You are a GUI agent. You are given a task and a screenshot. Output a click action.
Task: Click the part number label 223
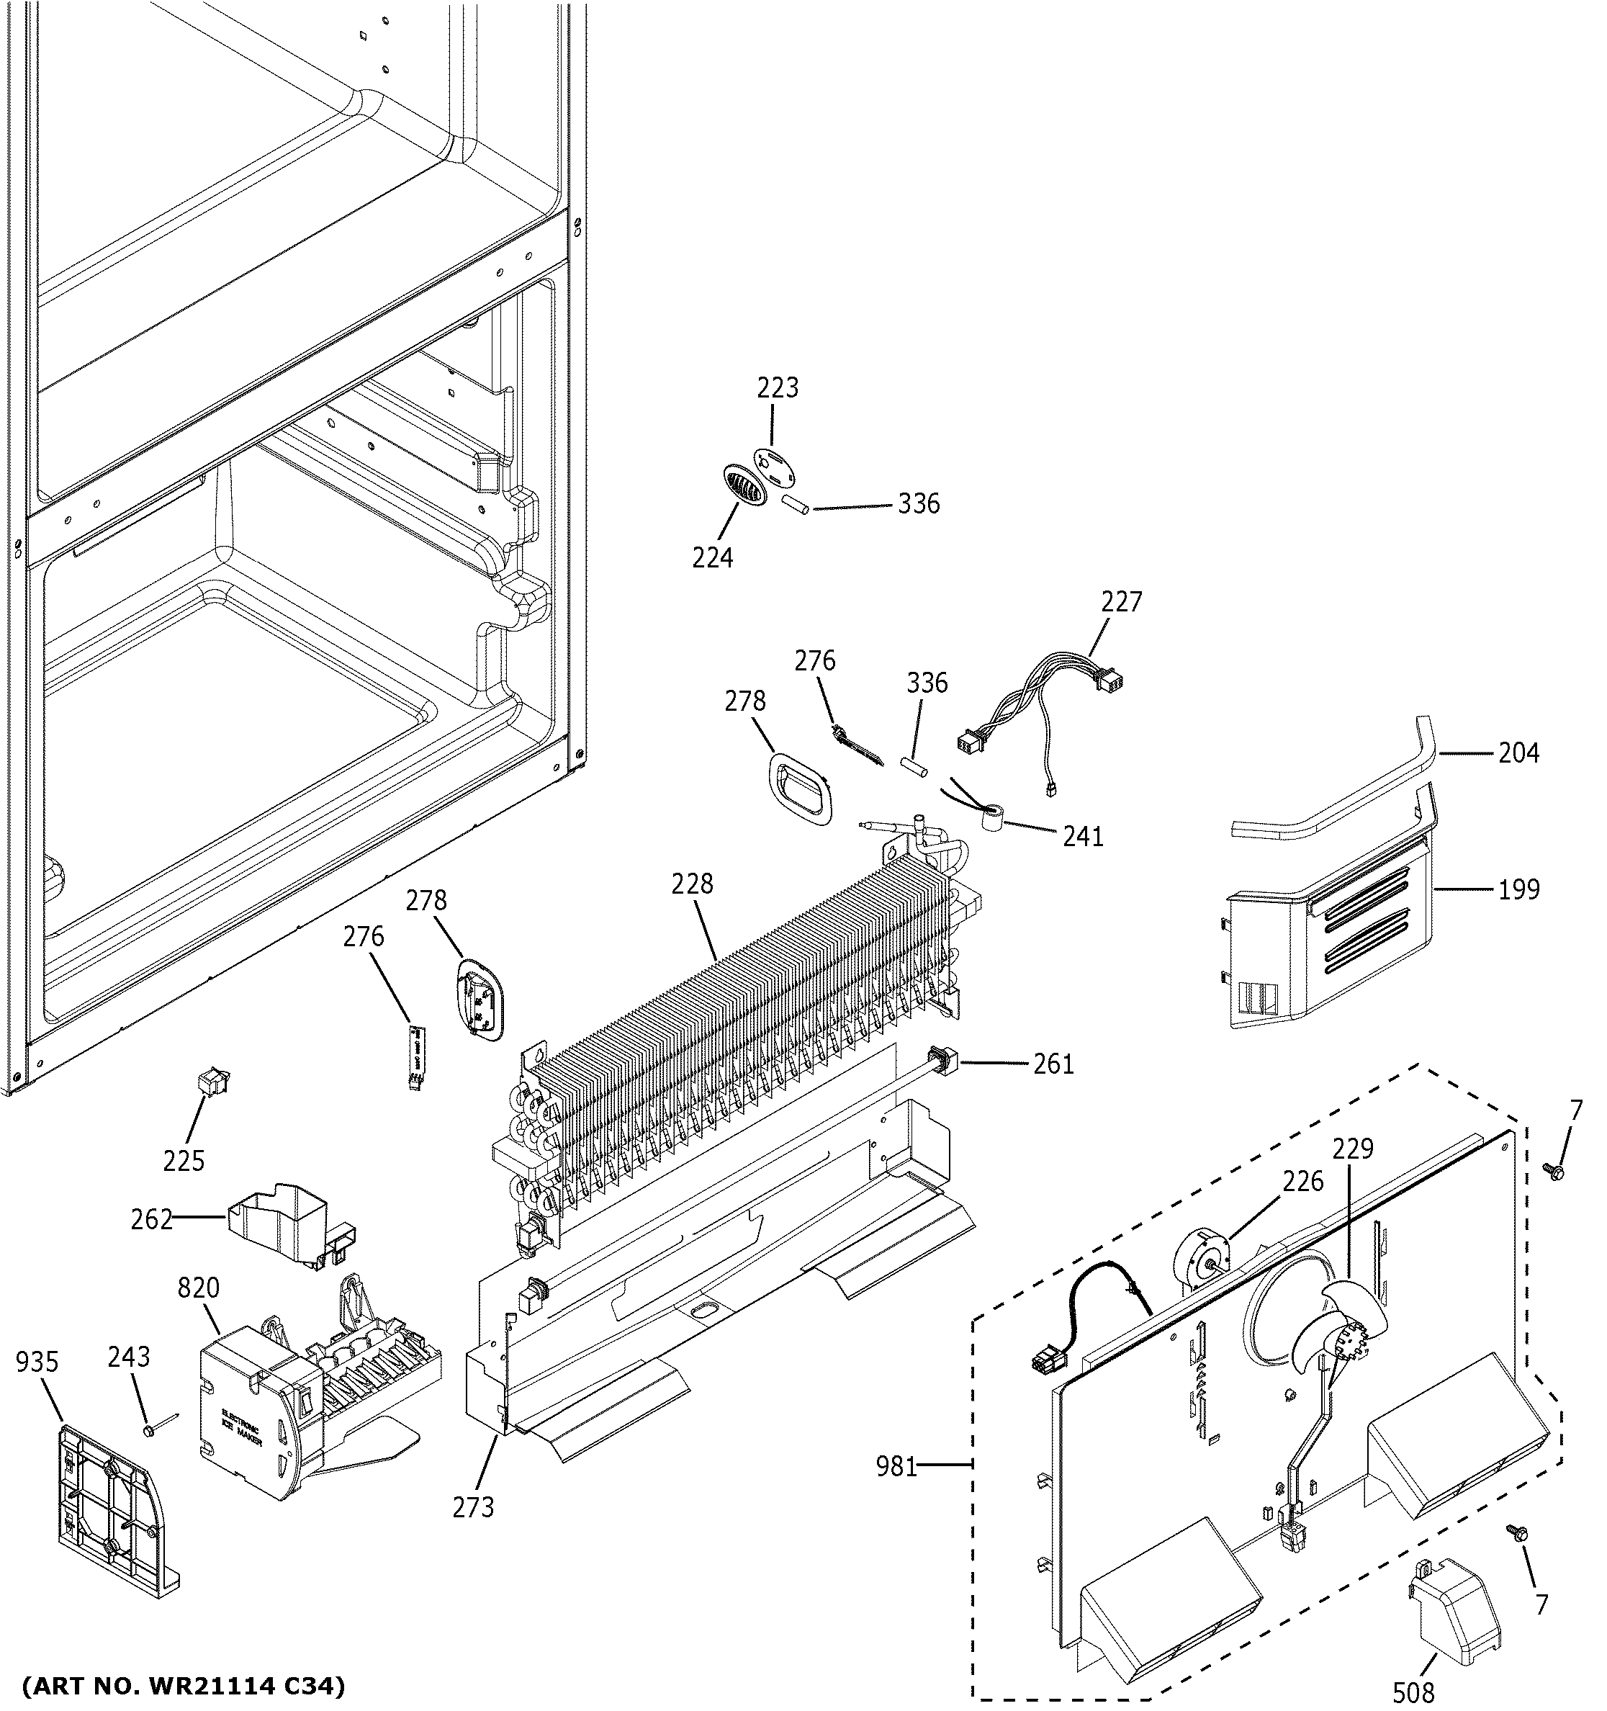pos(777,388)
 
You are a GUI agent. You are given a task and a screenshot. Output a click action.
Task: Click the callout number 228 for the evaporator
pos(693,884)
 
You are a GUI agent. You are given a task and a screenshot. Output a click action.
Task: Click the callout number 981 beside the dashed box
pos(896,1465)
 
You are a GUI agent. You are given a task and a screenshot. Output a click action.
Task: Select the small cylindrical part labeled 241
pos(994,816)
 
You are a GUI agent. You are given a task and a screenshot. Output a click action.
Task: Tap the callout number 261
pos(1054,1064)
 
